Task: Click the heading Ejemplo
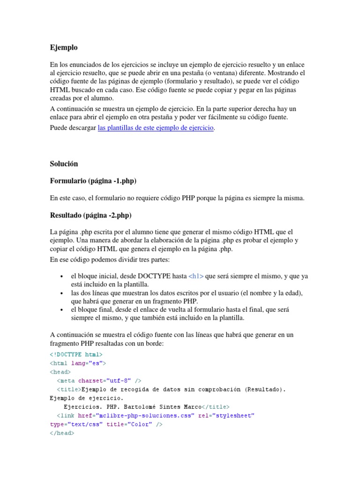point(64,47)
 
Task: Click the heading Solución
point(64,164)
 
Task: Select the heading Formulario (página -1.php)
point(93,181)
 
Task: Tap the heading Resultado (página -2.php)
point(90,215)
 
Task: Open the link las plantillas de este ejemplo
point(156,127)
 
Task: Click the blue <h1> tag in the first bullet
point(196,276)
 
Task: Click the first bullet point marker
point(62,277)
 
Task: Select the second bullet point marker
point(62,293)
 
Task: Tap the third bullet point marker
point(62,310)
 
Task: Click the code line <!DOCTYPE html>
point(76,354)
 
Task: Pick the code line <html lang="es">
point(78,363)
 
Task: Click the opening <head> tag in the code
point(60,372)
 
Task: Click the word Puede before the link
point(59,127)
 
